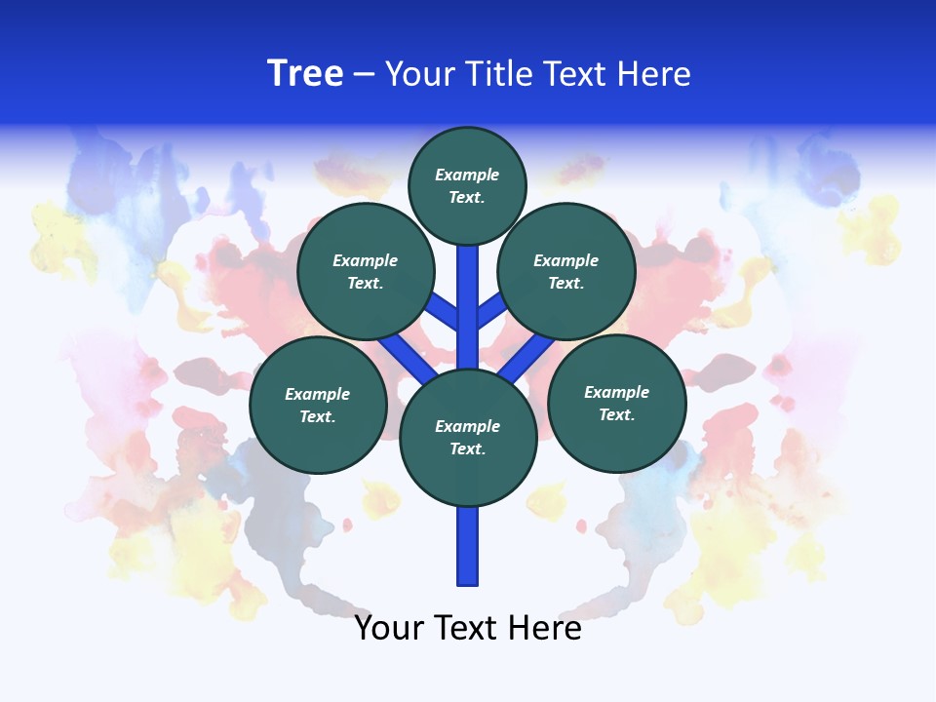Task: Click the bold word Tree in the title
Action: (x=305, y=74)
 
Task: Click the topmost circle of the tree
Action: (x=467, y=185)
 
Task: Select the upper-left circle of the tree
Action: (x=365, y=271)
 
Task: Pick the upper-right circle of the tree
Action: (x=566, y=271)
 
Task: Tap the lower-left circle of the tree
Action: (x=318, y=405)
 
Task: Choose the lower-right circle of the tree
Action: (x=616, y=403)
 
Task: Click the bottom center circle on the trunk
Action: (x=468, y=438)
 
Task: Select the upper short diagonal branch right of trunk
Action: (x=490, y=311)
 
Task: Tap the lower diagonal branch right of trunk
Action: (x=526, y=357)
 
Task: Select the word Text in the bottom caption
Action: (x=468, y=628)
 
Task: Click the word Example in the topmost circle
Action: (x=467, y=175)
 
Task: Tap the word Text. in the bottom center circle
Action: (x=467, y=449)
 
